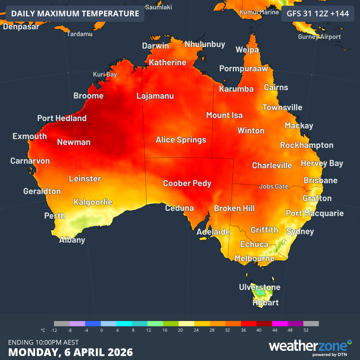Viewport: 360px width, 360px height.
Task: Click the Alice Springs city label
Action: [181, 140]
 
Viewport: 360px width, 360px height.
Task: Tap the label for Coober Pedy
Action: [187, 183]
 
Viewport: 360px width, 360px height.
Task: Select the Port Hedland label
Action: [62, 118]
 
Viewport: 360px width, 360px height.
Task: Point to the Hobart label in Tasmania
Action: [265, 303]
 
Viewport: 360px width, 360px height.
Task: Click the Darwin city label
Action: [155, 46]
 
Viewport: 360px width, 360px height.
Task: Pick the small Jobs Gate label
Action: [274, 186]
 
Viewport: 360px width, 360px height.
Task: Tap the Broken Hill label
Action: [234, 208]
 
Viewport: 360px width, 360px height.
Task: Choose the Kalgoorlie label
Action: [93, 202]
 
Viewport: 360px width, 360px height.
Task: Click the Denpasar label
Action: [21, 27]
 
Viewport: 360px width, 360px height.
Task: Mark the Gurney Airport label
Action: [319, 37]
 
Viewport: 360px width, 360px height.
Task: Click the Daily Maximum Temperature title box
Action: [75, 14]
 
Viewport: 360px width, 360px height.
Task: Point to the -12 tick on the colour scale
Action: [54, 330]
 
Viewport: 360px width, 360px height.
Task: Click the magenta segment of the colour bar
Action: [280, 323]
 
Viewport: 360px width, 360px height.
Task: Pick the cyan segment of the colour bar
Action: [124, 323]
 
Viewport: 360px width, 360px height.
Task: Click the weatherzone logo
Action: [310, 347]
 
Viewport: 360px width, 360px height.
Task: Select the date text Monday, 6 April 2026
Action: [70, 352]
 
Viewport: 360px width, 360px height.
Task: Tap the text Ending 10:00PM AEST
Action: [43, 342]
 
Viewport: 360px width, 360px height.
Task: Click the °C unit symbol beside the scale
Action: [43, 330]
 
